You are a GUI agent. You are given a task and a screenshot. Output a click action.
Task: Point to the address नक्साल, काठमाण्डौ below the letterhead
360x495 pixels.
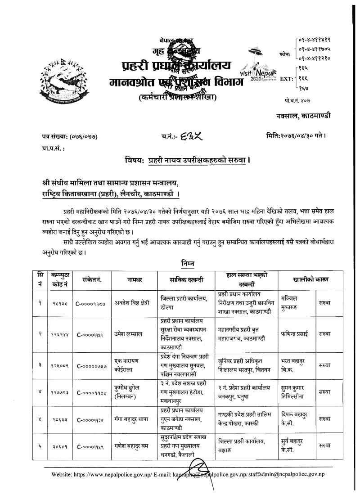(x=303, y=116)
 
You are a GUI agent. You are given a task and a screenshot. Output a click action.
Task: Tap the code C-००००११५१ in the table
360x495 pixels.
(x=91, y=334)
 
